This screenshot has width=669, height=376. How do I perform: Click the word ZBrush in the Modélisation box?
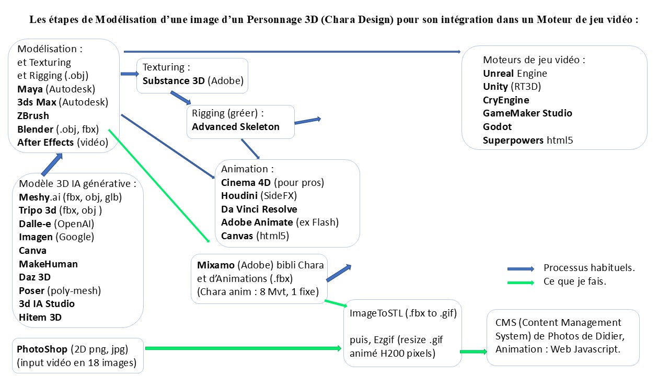tap(33, 115)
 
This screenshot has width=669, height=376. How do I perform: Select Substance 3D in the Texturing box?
tap(174, 80)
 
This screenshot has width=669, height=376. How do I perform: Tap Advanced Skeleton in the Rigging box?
tap(236, 126)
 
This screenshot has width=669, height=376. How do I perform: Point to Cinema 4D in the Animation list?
tap(245, 183)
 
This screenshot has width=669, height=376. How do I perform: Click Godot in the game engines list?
tap(497, 126)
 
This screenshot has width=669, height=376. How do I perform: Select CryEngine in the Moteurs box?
tap(506, 100)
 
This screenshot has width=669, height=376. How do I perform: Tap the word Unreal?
tap(499, 73)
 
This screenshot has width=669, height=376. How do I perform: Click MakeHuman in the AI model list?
tap(48, 264)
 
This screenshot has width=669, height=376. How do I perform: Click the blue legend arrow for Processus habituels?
tap(521, 268)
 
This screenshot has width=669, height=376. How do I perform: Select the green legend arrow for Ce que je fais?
tap(521, 282)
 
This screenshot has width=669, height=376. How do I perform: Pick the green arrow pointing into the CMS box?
tap(472, 352)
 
